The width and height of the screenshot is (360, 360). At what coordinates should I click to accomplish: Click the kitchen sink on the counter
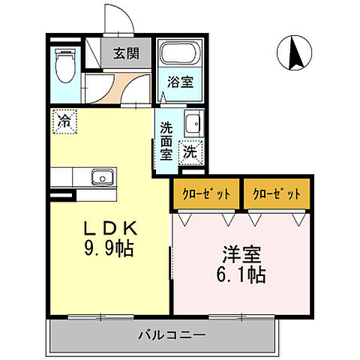(x=101, y=178)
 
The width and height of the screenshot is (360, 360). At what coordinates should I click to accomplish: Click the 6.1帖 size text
(x=240, y=275)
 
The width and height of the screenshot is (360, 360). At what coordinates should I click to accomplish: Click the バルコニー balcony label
(x=170, y=334)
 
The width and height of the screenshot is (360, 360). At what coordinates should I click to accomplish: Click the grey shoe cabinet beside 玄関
(x=111, y=53)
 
